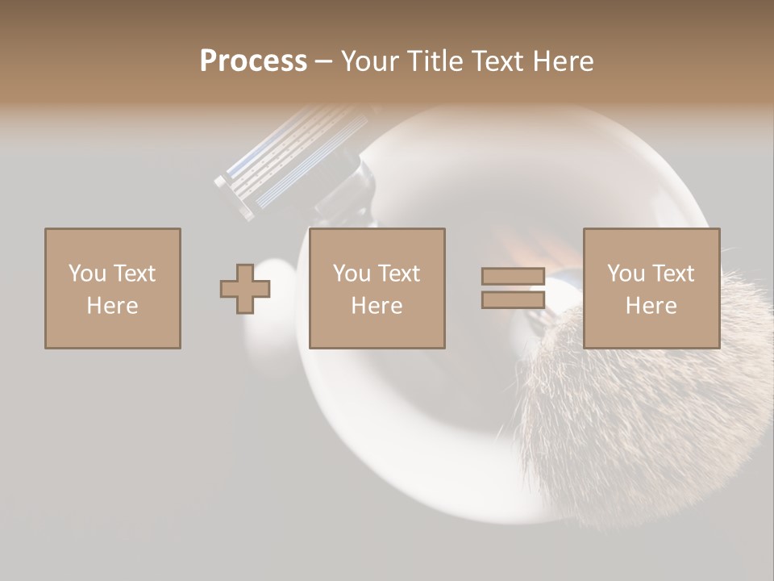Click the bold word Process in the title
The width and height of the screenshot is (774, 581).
[253, 61]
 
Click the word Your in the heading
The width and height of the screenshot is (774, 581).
[372, 61]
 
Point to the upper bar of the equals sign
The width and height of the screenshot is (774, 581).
[513, 277]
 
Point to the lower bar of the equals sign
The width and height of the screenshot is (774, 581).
[513, 299]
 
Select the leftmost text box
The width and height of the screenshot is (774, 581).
[112, 288]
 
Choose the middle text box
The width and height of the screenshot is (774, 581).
[377, 288]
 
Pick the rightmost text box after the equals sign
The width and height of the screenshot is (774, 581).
[651, 288]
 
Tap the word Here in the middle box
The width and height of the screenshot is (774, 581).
[377, 306]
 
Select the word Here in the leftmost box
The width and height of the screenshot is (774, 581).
[112, 306]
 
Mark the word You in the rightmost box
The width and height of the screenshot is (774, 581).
[626, 274]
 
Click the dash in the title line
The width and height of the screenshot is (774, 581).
[323, 62]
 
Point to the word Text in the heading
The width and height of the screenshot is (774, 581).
[495, 61]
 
